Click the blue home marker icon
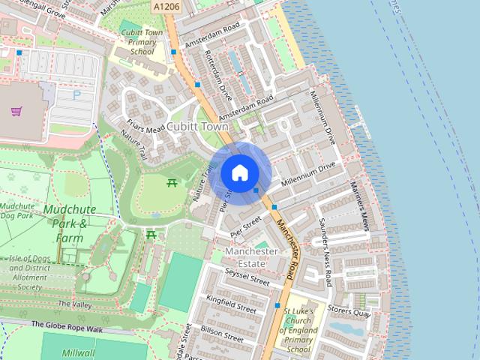pos(239,173)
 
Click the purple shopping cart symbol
pos(16,111)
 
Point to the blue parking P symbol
pos(76,95)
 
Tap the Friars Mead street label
pos(145,128)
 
